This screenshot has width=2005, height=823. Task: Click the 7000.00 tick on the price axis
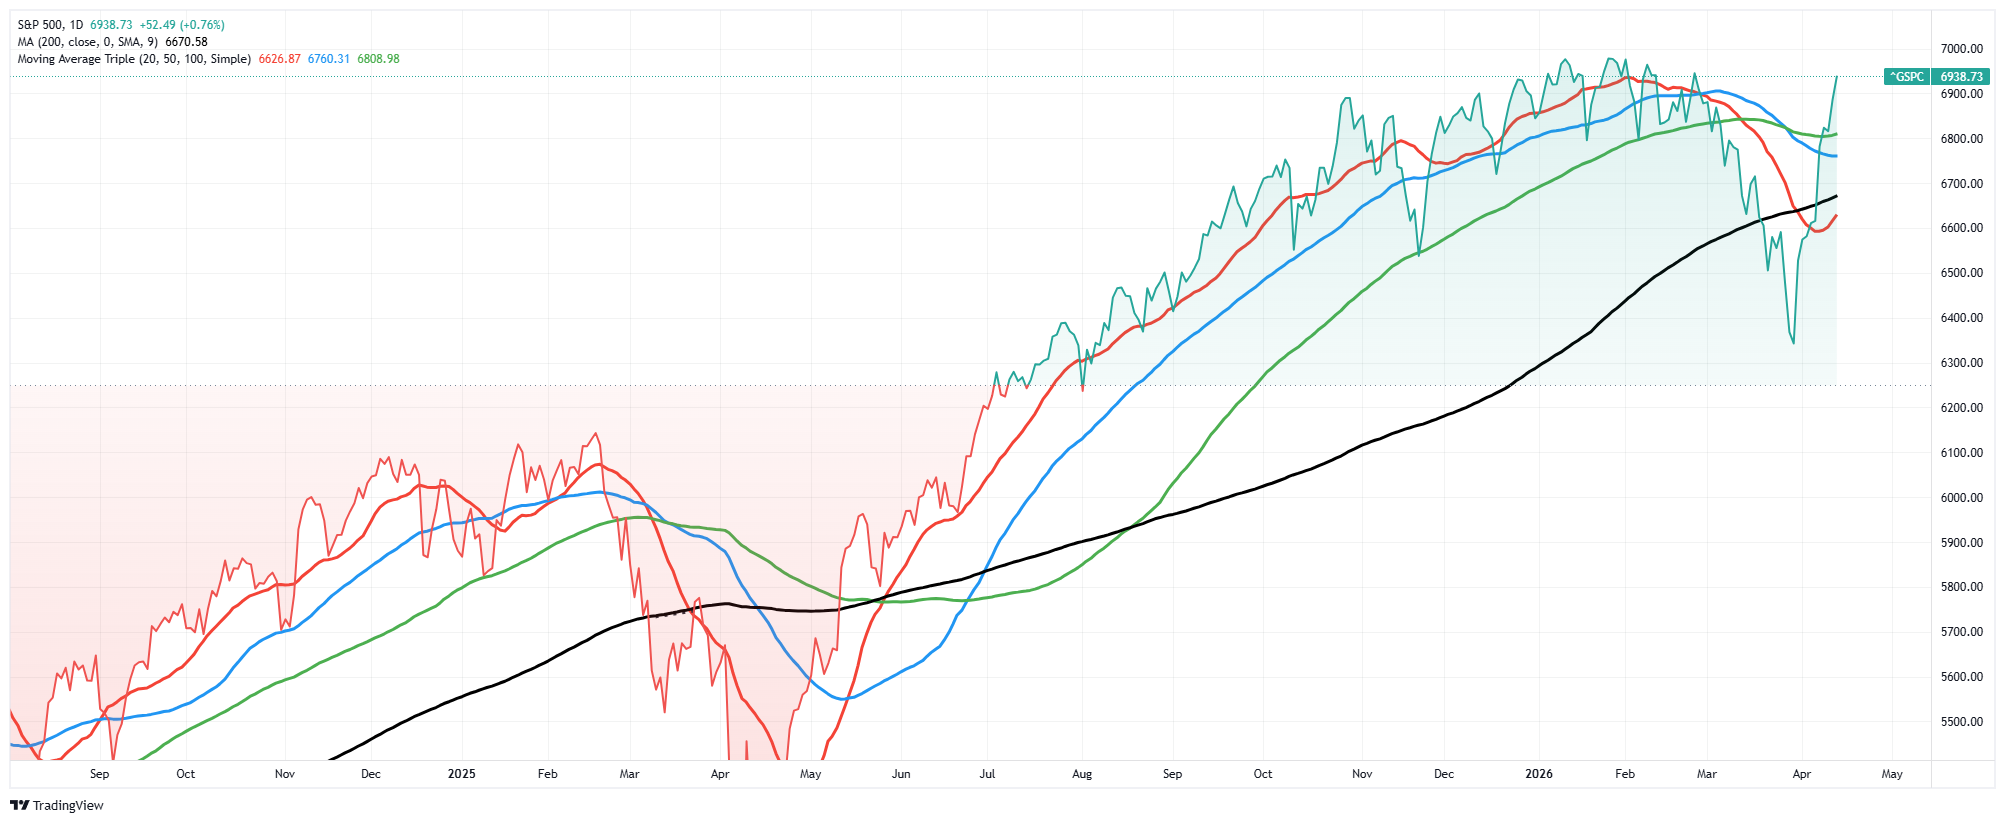[1961, 49]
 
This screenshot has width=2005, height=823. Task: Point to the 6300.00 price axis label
[1961, 363]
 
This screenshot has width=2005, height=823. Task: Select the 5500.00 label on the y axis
[1961, 722]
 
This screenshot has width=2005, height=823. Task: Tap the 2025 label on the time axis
[461, 774]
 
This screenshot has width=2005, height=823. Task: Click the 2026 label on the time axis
[1539, 774]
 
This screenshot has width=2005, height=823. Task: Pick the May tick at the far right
[1891, 774]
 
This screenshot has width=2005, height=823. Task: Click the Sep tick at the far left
[99, 774]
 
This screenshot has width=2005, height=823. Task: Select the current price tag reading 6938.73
[1961, 77]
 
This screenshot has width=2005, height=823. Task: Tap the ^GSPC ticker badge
[1906, 77]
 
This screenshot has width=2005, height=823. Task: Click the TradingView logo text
[68, 806]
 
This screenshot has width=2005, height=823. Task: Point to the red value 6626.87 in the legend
[279, 59]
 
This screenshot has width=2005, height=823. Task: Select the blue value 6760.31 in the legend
[329, 59]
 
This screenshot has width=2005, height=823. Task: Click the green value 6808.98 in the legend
[378, 59]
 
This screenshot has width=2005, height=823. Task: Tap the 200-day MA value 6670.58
[186, 42]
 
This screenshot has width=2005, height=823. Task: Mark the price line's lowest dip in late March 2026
[1793, 343]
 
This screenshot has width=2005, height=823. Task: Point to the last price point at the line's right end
[1836, 77]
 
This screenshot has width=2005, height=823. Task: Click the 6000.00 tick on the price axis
[1961, 498]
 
